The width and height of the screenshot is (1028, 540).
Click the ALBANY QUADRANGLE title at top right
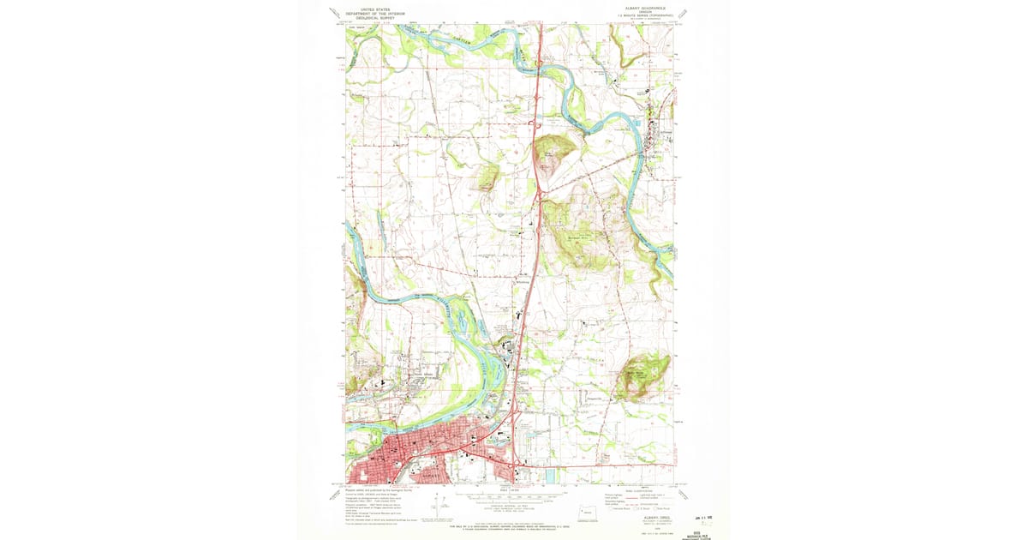640,7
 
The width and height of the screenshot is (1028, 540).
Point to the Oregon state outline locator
587,513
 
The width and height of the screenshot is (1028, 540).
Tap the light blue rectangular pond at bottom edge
549,475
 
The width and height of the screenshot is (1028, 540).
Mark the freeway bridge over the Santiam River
539,63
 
